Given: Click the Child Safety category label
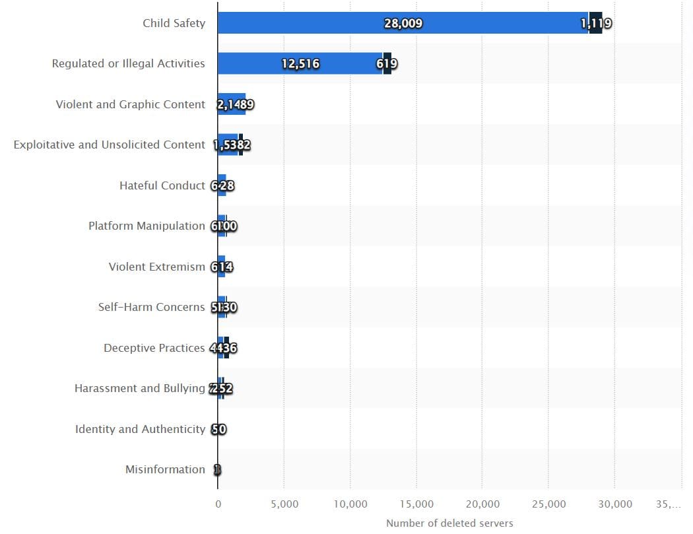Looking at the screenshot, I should click(174, 23).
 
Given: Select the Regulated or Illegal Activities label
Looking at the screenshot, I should click(129, 64).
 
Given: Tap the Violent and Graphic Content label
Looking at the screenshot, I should click(130, 104).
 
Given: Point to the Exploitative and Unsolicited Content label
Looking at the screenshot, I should click(109, 145).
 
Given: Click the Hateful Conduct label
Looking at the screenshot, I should click(162, 185).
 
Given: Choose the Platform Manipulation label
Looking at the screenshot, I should click(147, 226).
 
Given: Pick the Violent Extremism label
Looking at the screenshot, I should click(156, 267).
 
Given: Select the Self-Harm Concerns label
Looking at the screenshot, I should click(151, 307).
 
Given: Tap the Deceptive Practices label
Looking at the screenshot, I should click(154, 348).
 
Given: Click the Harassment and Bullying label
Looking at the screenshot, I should click(139, 388).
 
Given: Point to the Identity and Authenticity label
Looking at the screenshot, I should click(140, 429).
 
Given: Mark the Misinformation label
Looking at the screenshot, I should click(165, 469).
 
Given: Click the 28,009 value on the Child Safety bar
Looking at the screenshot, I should click(403, 24).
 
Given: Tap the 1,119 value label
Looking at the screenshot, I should click(596, 24).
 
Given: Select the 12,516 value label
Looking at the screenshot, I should click(300, 64).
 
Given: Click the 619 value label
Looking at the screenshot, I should click(387, 64).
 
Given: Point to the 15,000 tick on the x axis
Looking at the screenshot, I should click(416, 504).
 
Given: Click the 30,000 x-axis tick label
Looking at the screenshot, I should click(615, 504).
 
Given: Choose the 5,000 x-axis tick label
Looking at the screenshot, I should click(284, 504).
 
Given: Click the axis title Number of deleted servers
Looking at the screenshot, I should click(449, 523).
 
